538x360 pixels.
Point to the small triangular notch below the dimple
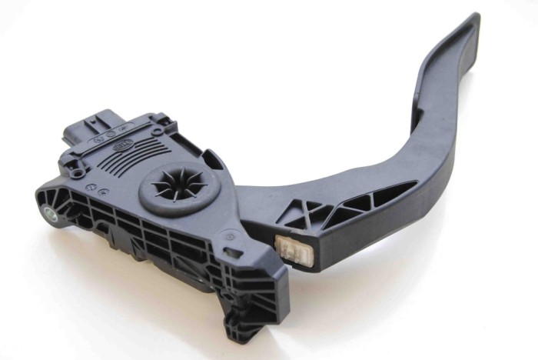pyautogui.click(x=232, y=265)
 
